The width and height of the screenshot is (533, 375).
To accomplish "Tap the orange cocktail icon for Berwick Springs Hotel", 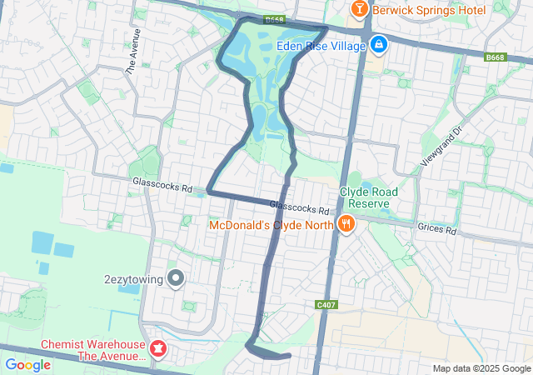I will pos(359,9).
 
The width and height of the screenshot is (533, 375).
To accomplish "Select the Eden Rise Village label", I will pos(321,46).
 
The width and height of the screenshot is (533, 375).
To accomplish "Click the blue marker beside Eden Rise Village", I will pos(378,43).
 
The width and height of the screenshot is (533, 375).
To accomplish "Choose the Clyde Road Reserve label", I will pos(368,197).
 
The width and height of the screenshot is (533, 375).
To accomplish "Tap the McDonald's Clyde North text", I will pos(270,224).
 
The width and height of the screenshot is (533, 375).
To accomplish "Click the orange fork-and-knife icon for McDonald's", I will pos(345,223).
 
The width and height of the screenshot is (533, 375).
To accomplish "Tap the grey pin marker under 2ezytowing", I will pos(176,278).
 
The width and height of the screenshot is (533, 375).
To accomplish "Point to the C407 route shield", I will pos(326,305).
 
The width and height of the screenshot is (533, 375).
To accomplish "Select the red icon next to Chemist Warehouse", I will pos(157,348).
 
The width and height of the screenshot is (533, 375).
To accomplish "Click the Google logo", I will pos(28,364).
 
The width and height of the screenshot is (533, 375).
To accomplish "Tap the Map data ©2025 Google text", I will pos(481,369).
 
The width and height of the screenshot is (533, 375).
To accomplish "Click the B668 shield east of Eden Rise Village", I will pos(496,57).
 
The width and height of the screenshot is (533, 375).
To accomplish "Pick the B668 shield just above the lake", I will pos(274,18).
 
